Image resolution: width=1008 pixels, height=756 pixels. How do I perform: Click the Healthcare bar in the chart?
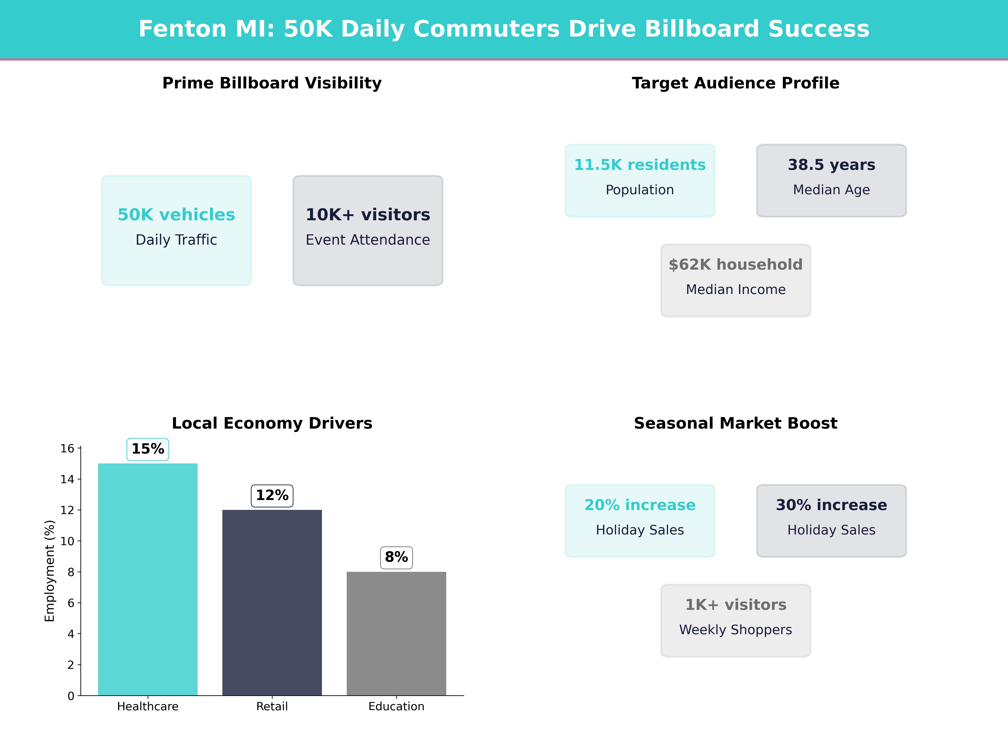(x=148, y=579)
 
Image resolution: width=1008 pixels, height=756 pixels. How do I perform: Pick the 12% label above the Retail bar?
(x=272, y=495)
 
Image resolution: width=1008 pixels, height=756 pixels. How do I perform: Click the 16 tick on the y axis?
(x=67, y=448)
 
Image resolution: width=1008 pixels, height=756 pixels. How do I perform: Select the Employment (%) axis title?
(x=50, y=571)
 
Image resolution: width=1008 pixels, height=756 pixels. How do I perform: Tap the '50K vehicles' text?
(x=176, y=215)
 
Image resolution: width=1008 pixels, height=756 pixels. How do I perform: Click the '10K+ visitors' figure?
(x=368, y=215)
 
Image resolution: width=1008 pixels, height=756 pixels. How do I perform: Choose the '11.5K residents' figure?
(x=640, y=165)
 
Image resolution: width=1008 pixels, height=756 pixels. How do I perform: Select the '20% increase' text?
(x=640, y=505)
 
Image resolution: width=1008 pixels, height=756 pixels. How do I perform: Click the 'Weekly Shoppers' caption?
(x=735, y=630)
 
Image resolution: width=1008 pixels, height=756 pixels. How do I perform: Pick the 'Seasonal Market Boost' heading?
(x=735, y=423)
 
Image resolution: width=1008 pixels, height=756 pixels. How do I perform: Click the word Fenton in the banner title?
(x=182, y=29)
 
